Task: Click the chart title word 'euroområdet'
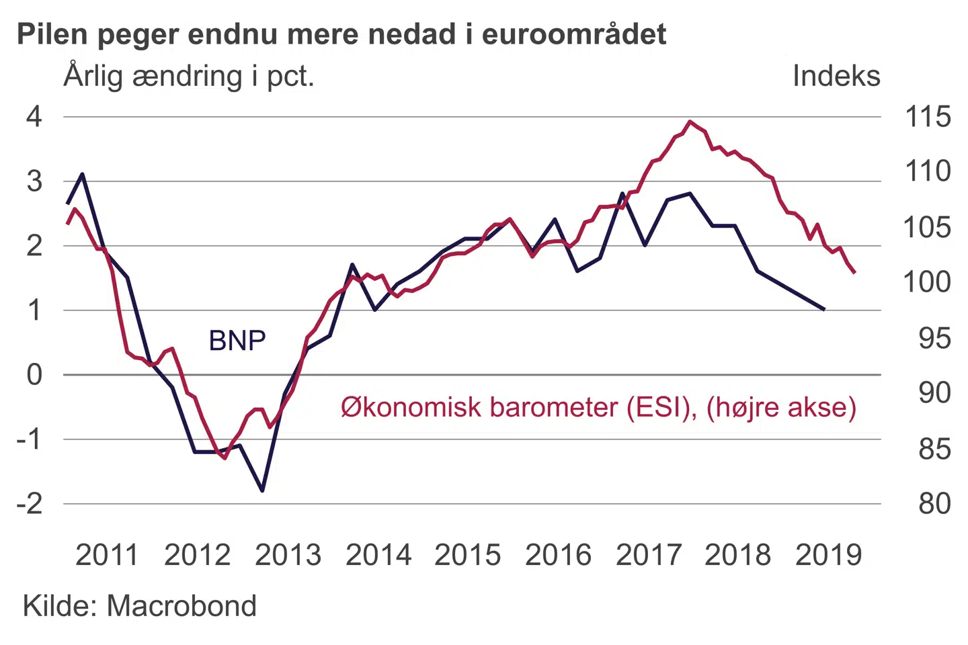pyautogui.click(x=574, y=34)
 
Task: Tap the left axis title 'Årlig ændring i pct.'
pyautogui.click(x=189, y=76)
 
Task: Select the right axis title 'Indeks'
pyautogui.click(x=836, y=76)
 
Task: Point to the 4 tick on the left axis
pyautogui.click(x=34, y=117)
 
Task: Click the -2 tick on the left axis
pyautogui.click(x=30, y=503)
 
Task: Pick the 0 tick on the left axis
pyautogui.click(x=34, y=375)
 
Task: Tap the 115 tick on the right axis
pyautogui.click(x=928, y=117)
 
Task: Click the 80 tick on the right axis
pyautogui.click(x=934, y=503)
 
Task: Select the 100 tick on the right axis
pyautogui.click(x=928, y=282)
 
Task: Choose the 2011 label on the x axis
pyautogui.click(x=106, y=555)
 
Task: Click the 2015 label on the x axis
pyautogui.click(x=468, y=555)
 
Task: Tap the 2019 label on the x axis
pyautogui.click(x=828, y=555)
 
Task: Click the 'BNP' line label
pyautogui.click(x=237, y=341)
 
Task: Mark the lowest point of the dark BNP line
pyautogui.click(x=262, y=491)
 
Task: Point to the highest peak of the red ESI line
pyautogui.click(x=690, y=122)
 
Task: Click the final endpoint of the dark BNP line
pyautogui.click(x=824, y=310)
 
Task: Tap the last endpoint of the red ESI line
pyautogui.click(x=854, y=273)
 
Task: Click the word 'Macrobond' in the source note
pyautogui.click(x=182, y=606)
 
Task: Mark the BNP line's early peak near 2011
pyautogui.click(x=82, y=174)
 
